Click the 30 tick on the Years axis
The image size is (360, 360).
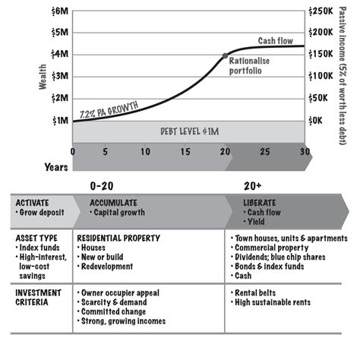pos(305,152)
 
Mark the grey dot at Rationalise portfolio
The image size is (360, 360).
pos(225,55)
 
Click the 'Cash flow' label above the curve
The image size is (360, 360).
pos(274,41)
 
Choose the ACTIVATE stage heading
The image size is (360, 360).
pos(33,204)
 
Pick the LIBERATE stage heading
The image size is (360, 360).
pos(259,204)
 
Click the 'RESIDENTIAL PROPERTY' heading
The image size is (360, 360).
pos(118,238)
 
